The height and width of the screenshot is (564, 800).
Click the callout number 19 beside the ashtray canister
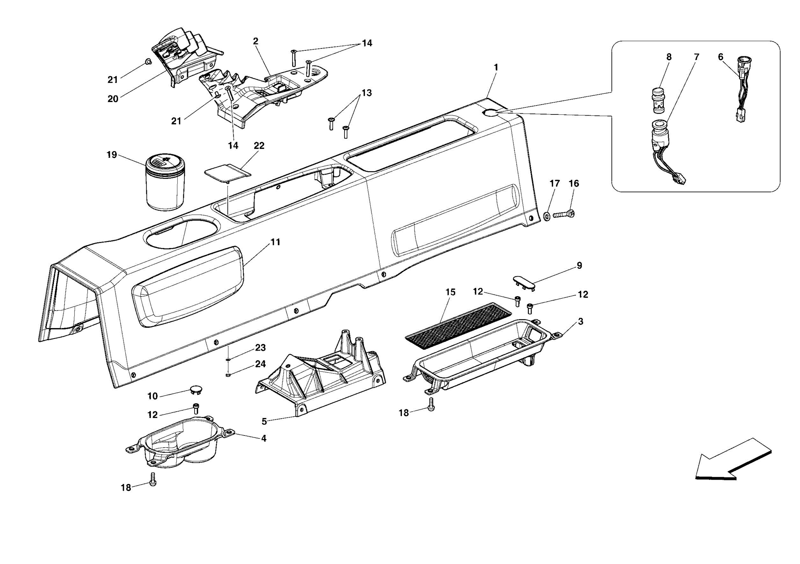click(x=112, y=155)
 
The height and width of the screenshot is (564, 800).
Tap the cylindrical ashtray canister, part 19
click(x=165, y=184)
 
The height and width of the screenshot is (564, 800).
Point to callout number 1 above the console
click(x=496, y=67)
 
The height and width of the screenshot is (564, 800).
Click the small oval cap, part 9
click(x=524, y=282)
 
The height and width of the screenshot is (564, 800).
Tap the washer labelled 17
click(x=547, y=216)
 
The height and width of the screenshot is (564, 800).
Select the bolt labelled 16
click(x=564, y=214)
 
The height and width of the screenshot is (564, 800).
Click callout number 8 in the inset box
click(x=669, y=57)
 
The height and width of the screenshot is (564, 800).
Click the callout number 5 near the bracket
click(x=264, y=421)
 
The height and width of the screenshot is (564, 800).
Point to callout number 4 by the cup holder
click(x=264, y=438)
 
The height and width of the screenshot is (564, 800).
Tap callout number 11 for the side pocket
click(x=275, y=242)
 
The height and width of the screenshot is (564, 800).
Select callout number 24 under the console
click(x=260, y=364)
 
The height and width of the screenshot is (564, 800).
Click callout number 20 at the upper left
click(x=113, y=99)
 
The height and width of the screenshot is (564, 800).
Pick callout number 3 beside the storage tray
click(x=580, y=321)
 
